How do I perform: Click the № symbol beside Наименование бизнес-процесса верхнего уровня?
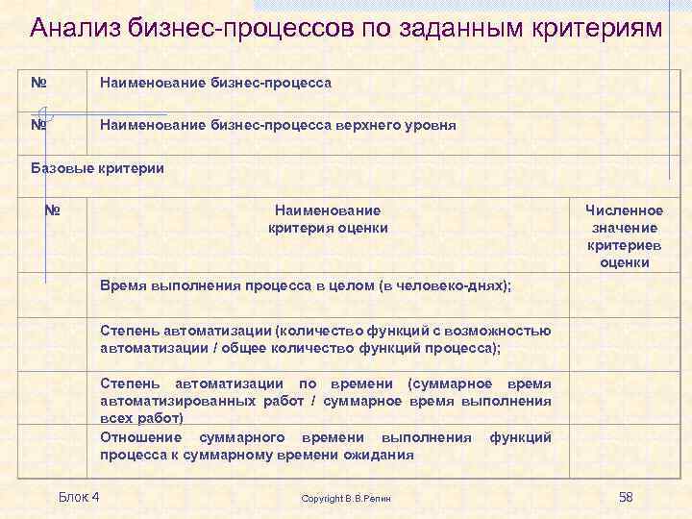(39, 125)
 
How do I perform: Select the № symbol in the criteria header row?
(53, 210)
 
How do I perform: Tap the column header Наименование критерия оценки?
(327, 219)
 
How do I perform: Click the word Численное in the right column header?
(624, 210)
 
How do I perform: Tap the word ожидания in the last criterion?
(384, 455)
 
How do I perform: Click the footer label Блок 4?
(79, 496)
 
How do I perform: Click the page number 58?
(626, 496)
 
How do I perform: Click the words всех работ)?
(141, 418)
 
